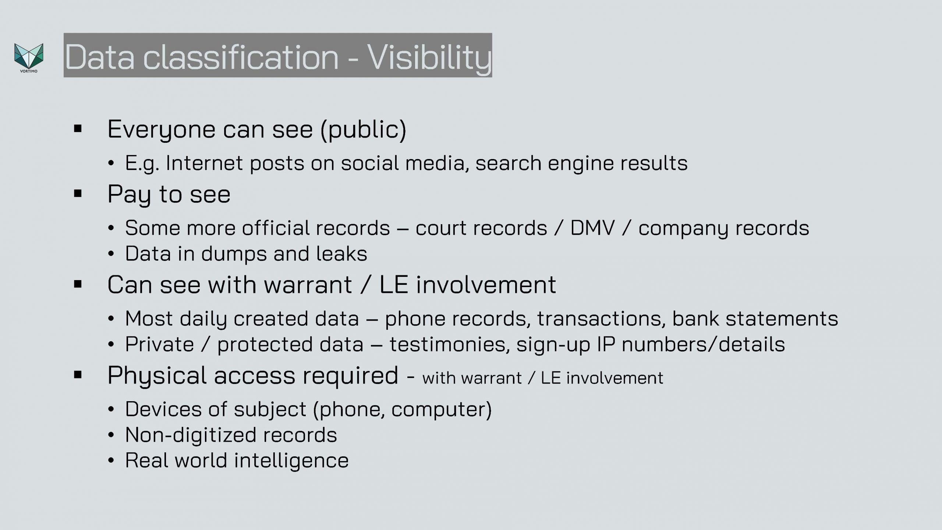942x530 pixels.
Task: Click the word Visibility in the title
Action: (x=429, y=57)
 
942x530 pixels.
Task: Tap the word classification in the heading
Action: (x=241, y=57)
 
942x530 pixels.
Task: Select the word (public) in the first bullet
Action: (x=364, y=130)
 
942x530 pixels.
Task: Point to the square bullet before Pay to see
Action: (x=78, y=194)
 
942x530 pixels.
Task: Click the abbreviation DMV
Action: (x=592, y=228)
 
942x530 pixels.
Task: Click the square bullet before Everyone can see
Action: (x=78, y=129)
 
